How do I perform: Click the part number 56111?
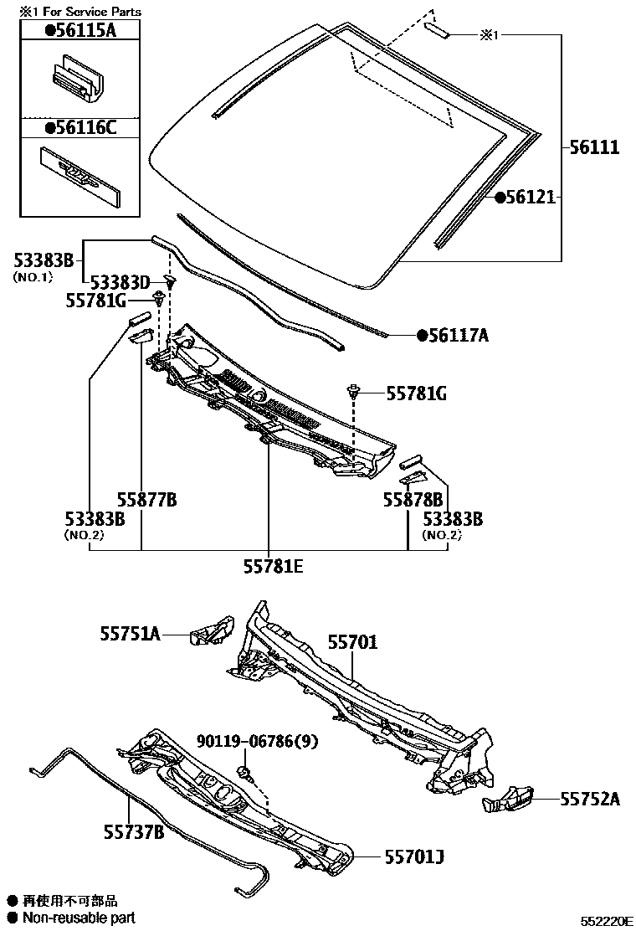pos(594,148)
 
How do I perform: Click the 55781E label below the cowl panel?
pos(273,567)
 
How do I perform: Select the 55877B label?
pos(147,500)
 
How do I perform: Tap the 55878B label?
pos(413,500)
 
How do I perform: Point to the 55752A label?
pos(590,800)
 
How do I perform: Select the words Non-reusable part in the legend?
pos(79,918)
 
